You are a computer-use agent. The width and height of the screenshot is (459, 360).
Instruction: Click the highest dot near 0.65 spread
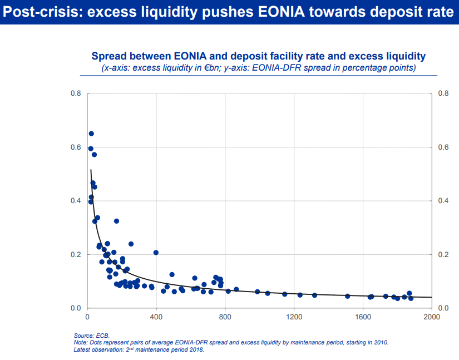(x=91, y=134)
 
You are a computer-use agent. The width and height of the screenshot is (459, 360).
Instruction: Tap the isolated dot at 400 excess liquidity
(x=156, y=253)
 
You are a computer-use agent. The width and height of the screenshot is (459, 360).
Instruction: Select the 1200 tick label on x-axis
(x=294, y=318)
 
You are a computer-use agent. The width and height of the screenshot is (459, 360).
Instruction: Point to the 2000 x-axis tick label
(x=431, y=318)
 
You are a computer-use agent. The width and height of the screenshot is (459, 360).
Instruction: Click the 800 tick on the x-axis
(x=225, y=318)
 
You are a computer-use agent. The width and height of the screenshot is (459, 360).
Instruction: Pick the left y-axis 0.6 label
(x=76, y=147)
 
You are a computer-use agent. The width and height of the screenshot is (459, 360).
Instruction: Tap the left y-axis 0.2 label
(x=76, y=254)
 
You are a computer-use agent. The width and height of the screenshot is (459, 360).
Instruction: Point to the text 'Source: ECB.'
(x=92, y=336)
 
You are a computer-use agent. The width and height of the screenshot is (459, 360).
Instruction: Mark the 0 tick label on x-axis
(x=87, y=318)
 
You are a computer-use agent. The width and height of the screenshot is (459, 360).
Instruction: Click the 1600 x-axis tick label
(x=363, y=318)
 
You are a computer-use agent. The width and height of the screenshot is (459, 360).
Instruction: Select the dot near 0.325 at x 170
(x=116, y=221)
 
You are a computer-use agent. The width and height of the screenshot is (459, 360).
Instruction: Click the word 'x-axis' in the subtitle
(x=115, y=68)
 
